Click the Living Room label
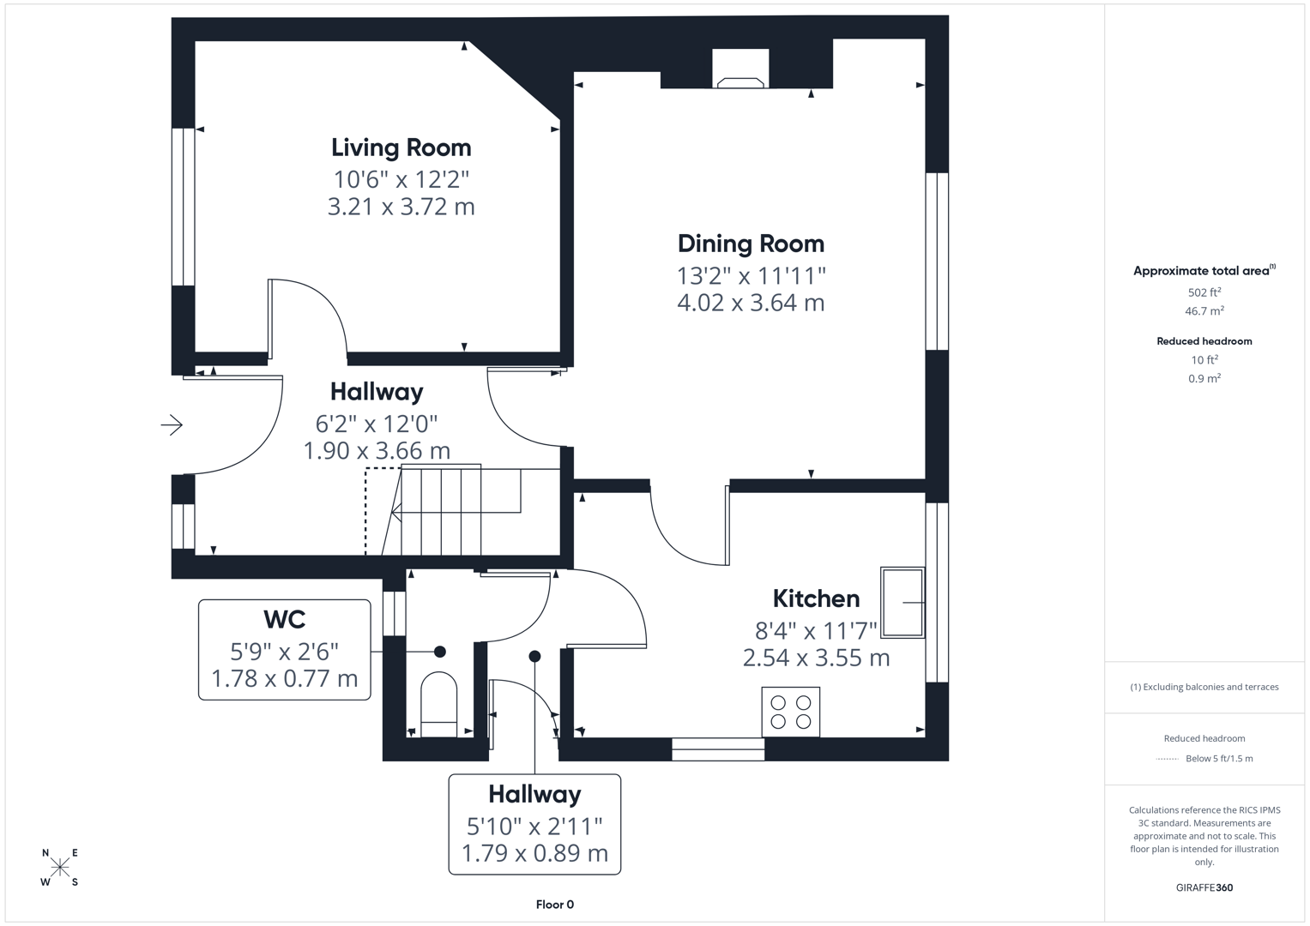401,147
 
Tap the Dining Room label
751,244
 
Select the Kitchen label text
815,598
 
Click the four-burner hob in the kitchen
790,712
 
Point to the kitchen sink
903,602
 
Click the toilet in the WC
439,704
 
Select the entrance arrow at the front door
172,424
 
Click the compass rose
60,868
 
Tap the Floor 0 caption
554,905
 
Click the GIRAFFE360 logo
1204,887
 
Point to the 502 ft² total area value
1204,292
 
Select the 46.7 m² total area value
1204,311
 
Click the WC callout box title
284,619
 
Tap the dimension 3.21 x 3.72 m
401,207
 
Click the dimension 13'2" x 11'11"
751,275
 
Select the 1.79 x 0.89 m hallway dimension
534,853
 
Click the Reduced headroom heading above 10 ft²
1204,341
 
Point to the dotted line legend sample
1167,759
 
